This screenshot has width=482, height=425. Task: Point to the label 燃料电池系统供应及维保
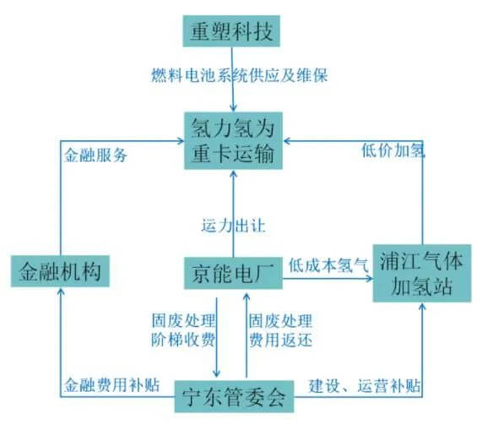pos(239,76)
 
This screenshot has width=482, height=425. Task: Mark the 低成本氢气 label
pos(328,263)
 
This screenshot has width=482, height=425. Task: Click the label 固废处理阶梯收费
pos(181,331)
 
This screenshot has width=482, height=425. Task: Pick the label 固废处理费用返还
pos(279,331)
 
